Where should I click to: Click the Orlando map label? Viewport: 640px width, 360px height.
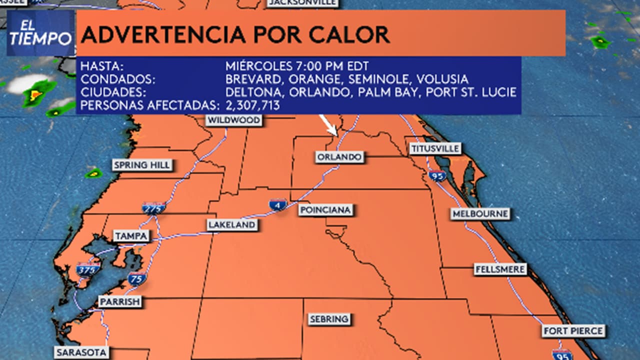pos(339,157)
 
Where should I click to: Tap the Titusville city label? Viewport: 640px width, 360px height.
pos(434,148)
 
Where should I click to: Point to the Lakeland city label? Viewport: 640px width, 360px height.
pos(232,225)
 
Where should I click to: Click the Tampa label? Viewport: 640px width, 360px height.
pos(131,236)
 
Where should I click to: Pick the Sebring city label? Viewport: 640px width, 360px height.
pos(328,319)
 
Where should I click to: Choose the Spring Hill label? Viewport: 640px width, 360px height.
pos(142,165)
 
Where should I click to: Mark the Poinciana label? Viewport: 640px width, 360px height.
pos(325,210)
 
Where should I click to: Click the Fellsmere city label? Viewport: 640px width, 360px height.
pos(500,269)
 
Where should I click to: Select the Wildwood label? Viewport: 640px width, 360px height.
pos(233,120)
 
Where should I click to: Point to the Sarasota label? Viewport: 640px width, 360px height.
pos(81,352)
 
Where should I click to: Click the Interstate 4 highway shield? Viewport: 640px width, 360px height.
pos(278,204)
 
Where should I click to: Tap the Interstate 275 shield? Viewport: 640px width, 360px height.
pos(153,208)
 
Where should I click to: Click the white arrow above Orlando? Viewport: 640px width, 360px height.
pos(328,125)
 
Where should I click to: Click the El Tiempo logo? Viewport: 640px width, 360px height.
pos(40,33)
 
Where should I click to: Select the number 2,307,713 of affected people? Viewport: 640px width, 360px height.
pos(252,105)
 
